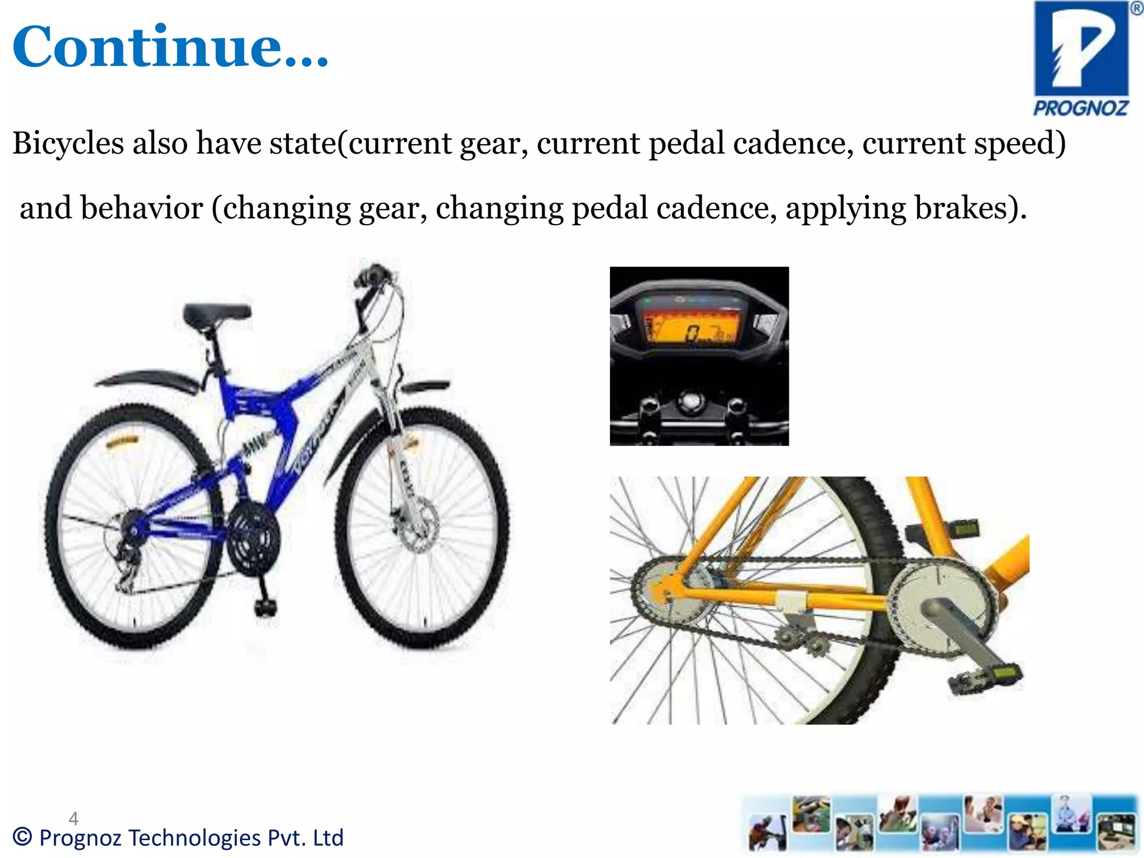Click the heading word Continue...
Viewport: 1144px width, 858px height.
[x=170, y=47]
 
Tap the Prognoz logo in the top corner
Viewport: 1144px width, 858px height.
[x=1081, y=58]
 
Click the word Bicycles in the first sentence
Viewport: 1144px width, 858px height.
[x=68, y=143]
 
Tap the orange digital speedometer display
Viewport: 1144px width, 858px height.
[x=693, y=330]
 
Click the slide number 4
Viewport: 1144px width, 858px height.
[x=73, y=818]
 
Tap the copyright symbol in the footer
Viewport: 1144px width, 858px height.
[x=23, y=837]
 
